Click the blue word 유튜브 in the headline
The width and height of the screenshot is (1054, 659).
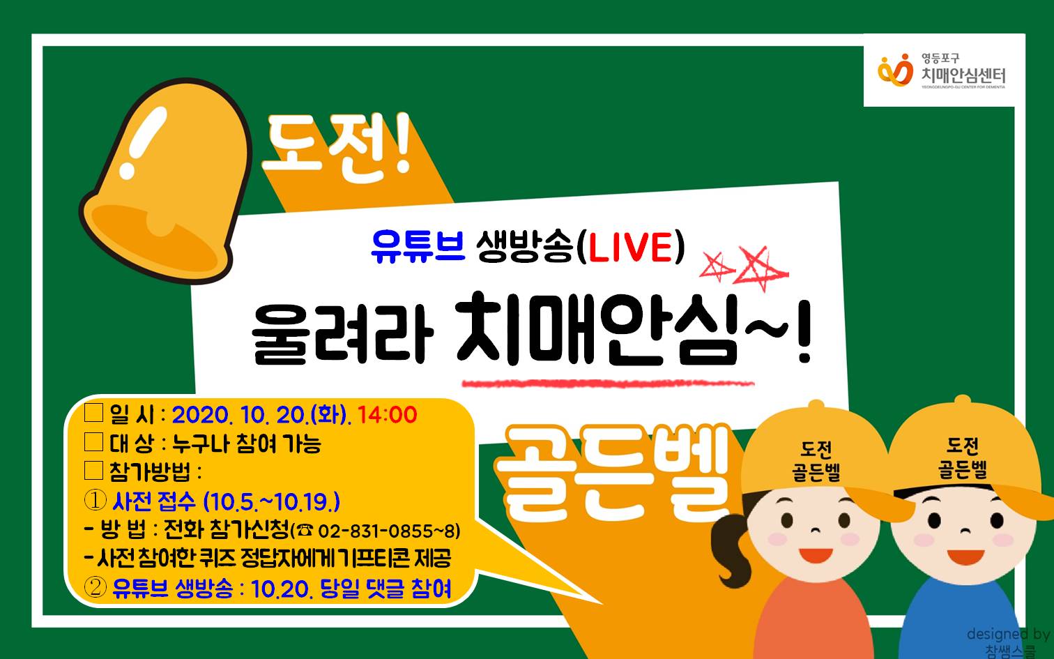click(418, 247)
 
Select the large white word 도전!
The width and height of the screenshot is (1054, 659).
click(337, 148)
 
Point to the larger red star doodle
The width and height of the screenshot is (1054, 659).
click(760, 268)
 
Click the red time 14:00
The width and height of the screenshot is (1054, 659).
click(388, 415)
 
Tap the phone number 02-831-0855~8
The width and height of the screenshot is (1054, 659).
click(389, 531)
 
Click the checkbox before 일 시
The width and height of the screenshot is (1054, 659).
click(93, 412)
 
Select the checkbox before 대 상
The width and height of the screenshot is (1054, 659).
click(93, 441)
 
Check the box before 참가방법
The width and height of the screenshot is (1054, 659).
click(93, 470)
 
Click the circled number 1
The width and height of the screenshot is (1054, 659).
click(95, 500)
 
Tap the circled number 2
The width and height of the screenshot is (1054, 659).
click(95, 587)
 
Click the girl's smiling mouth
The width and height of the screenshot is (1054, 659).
click(816, 555)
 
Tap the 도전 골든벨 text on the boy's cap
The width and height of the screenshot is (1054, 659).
click(963, 458)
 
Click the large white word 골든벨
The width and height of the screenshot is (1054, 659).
click(613, 473)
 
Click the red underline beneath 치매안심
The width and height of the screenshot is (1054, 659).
click(608, 384)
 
